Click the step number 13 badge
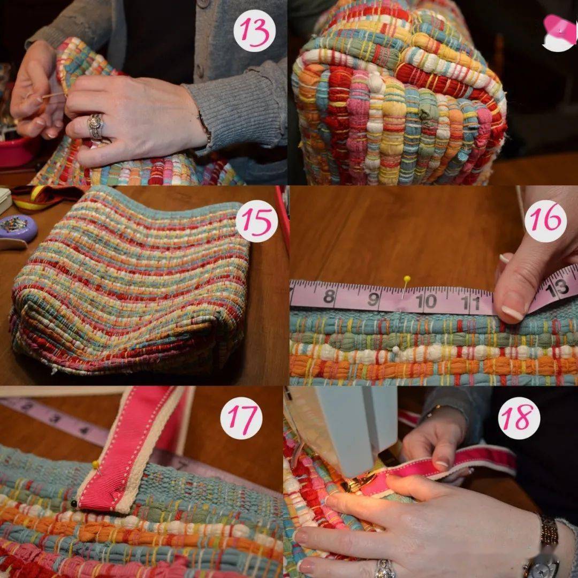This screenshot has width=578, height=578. pos(254,31)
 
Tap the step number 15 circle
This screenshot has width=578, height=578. pos(256,221)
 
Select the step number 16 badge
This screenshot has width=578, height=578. pos(545,221)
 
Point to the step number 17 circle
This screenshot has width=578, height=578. pos(241,418)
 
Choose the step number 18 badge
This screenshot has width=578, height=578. pos(519,418)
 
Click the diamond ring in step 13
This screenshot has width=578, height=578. pos(95,126)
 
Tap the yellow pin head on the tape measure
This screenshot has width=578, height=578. pos(407,278)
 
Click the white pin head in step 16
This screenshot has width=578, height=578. pos(396,349)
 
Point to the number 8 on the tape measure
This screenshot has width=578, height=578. pos(329,296)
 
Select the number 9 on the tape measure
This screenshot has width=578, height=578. pos(374,299)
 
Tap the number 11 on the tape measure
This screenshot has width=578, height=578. pos(473,302)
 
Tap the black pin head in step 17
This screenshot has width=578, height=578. pos(74,504)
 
